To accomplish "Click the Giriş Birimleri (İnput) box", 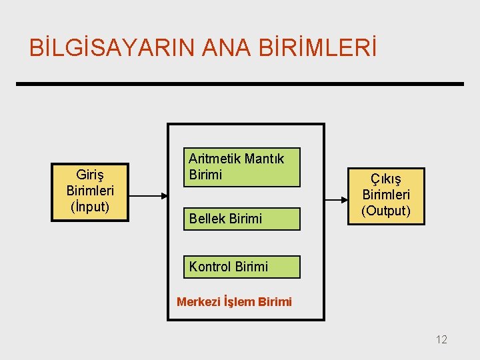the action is [x=90, y=191].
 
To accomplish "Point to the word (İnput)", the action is [x=90, y=207].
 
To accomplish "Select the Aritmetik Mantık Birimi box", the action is [x=243, y=167].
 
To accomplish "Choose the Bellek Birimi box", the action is [x=243, y=218].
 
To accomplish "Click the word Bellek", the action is [x=206, y=218].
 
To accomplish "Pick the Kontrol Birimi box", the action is [x=243, y=267].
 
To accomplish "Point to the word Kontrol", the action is [x=209, y=267].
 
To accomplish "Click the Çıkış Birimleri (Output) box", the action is [x=386, y=195].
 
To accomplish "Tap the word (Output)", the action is [x=386, y=211].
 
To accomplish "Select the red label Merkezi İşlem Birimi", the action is [x=234, y=301].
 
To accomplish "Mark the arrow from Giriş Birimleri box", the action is [x=147, y=195].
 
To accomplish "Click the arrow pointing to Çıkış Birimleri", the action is [x=337, y=197].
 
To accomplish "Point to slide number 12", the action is [x=441, y=340].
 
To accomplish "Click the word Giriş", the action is [x=90, y=176].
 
